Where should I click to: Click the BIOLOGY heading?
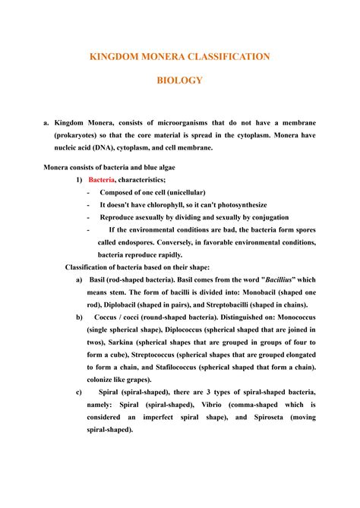coord(180,80)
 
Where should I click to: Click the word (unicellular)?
coord(179,193)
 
